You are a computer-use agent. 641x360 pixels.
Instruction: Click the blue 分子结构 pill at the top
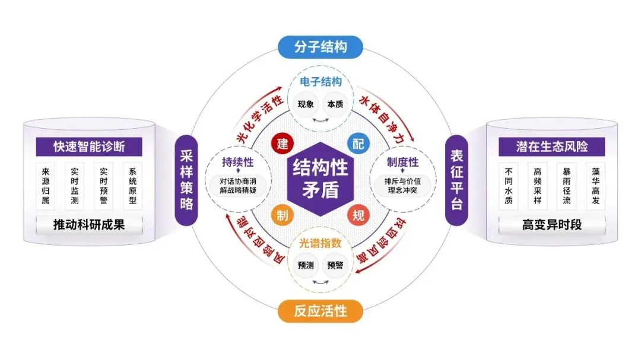320,47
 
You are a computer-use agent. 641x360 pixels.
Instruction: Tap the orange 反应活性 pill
320,311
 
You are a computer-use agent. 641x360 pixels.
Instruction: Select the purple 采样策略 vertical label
186,180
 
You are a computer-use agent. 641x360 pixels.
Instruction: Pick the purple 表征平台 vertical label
456,180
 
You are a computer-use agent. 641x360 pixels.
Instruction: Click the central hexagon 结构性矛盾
320,179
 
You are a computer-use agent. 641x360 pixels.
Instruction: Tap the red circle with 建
283,144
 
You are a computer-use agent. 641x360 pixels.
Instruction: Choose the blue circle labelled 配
358,144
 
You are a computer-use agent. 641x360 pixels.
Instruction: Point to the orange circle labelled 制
283,215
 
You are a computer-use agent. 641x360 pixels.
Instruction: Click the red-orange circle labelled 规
358,215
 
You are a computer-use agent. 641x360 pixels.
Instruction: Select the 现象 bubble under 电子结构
306,104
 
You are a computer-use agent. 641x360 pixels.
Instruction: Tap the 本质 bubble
335,104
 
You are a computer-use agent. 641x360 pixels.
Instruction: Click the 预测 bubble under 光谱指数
306,266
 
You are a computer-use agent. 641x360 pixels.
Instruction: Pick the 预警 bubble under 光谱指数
335,266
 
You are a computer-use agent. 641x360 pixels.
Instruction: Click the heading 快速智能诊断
89,146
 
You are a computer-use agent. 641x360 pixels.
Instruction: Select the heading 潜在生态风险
552,146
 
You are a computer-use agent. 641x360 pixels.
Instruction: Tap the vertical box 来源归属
45,186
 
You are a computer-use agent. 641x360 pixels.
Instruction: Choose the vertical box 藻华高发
596,186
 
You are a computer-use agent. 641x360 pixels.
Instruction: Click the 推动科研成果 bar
89,225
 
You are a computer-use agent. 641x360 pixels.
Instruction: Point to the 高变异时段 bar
552,225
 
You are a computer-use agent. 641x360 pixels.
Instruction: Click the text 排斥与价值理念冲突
402,186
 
